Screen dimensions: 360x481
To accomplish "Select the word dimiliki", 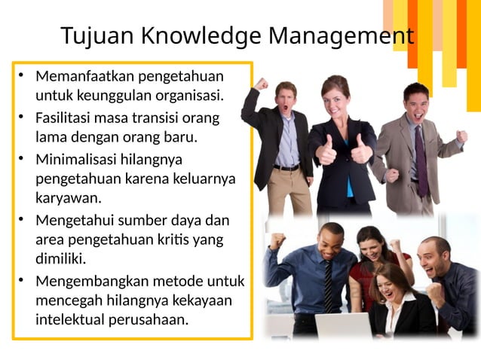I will [60, 258].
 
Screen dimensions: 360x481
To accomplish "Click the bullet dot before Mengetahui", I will [23, 221].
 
